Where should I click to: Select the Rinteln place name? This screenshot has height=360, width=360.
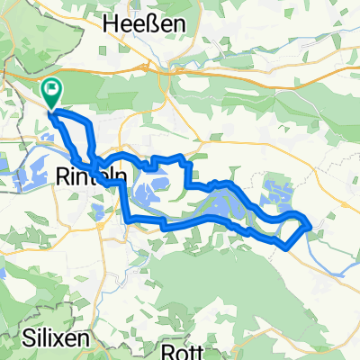(x=90, y=177)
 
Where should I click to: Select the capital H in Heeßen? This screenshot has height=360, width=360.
(x=112, y=25)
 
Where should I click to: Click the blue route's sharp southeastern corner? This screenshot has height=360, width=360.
(x=285, y=246)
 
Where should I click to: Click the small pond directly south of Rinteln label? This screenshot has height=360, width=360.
(x=97, y=212)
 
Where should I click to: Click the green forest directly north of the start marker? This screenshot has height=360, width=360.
(x=72, y=63)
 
